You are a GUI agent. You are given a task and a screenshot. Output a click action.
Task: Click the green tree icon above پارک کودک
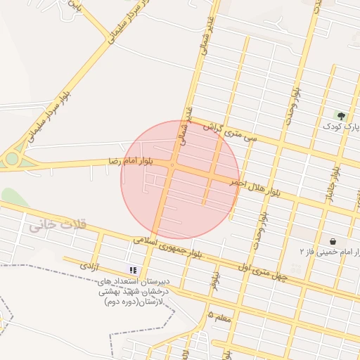[341, 115]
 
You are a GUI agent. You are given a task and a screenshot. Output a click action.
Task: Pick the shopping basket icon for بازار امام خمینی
[332, 240]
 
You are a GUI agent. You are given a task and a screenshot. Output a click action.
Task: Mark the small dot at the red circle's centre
[172, 165]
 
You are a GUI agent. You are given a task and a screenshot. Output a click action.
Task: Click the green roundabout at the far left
[12, 159]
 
